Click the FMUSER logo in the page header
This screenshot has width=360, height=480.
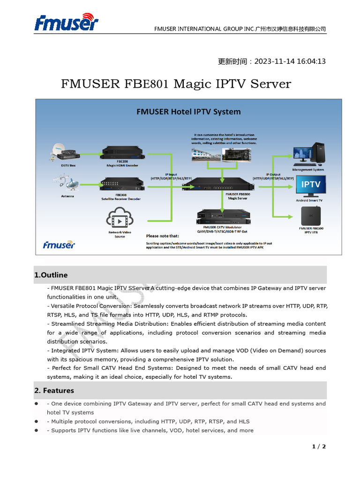pos(66,22)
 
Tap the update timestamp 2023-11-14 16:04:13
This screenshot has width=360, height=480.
pos(272,61)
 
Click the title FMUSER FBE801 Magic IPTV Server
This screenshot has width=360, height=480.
pos(176,84)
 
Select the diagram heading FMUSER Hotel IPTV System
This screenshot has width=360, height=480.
pos(188,112)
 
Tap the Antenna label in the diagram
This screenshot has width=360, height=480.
pos(67,196)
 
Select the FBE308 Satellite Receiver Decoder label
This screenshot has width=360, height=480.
pos(121,196)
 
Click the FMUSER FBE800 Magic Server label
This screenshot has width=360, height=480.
pos(237,196)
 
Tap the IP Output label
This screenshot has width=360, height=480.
pos(273,176)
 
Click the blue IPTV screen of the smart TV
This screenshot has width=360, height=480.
pos(311,185)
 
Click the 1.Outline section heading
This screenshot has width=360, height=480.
pos(51,275)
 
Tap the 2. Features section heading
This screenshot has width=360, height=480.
pos(54,390)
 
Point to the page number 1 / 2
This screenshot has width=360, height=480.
pos(319,447)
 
